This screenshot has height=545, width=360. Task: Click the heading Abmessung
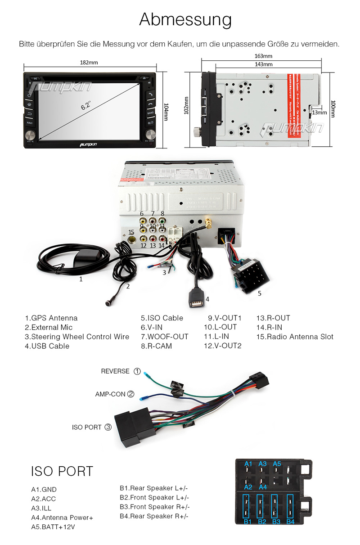pyautogui.click(x=185, y=20)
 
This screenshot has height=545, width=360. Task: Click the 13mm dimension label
pyautogui.click(x=319, y=112)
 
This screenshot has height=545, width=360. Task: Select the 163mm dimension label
pyautogui.click(x=263, y=56)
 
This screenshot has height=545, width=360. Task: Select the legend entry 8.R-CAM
pyautogui.click(x=156, y=346)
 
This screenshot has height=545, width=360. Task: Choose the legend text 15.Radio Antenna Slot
pyautogui.click(x=295, y=337)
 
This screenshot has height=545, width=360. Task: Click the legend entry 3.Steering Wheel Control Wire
pyautogui.click(x=77, y=337)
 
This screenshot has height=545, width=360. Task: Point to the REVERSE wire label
pyautogui.click(x=115, y=371)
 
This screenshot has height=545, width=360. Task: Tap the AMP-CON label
pyautogui.click(x=110, y=394)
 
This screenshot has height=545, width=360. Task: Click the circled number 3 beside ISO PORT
pyautogui.click(x=108, y=427)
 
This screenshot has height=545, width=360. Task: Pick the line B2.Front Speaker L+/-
pyautogui.click(x=154, y=497)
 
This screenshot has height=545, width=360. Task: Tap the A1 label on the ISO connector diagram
pyautogui.click(x=248, y=464)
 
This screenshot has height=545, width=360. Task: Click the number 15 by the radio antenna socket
pyautogui.click(x=132, y=232)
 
